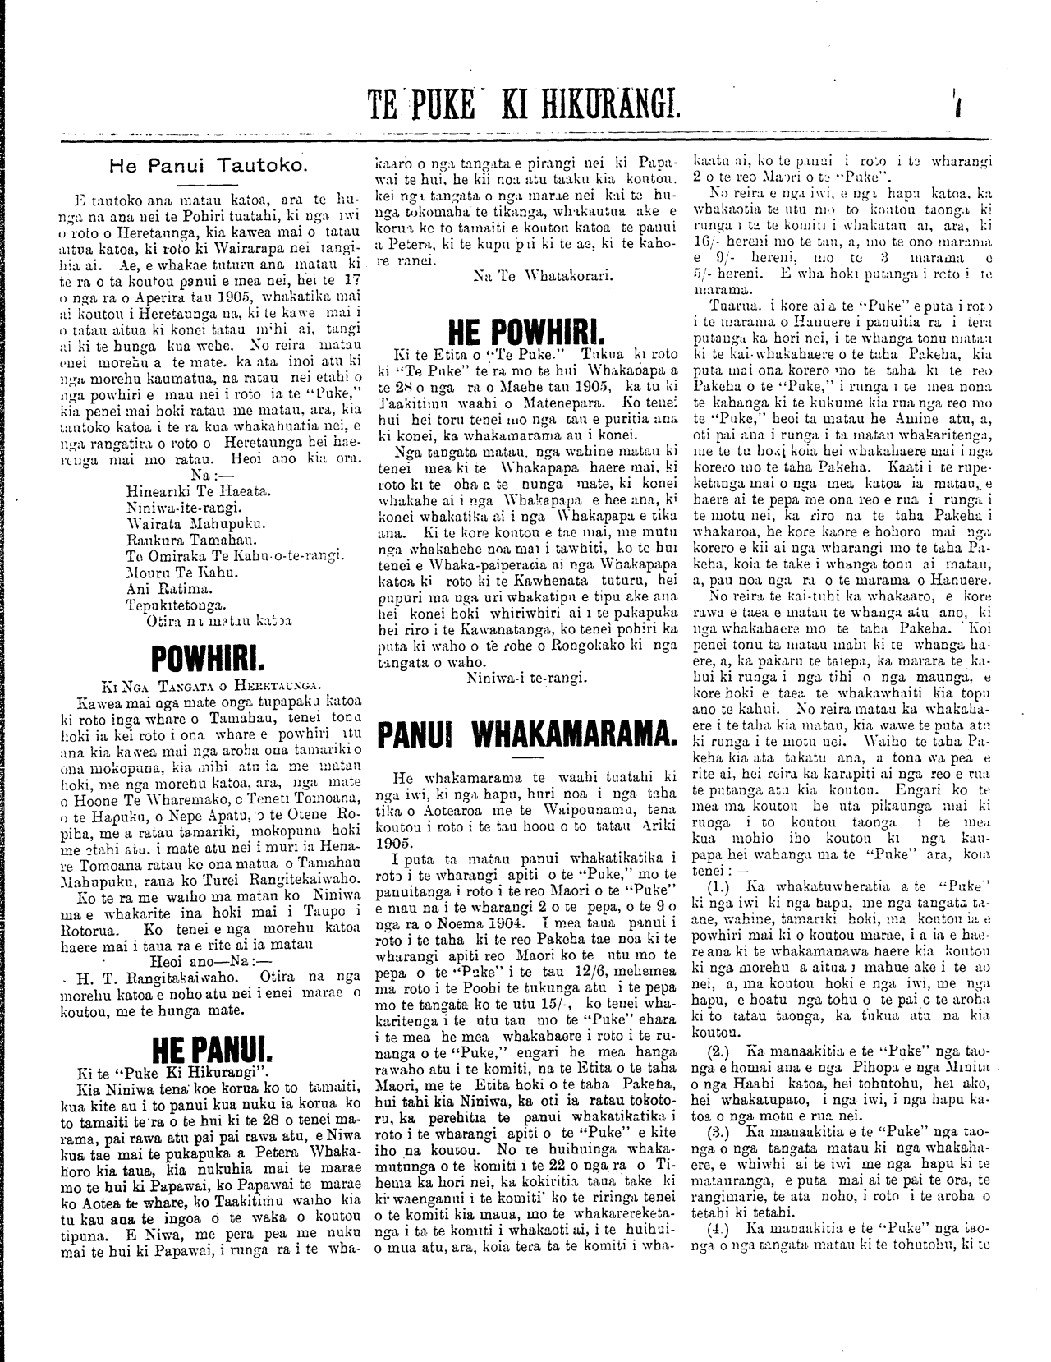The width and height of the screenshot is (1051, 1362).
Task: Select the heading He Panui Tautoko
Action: point(208,165)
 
